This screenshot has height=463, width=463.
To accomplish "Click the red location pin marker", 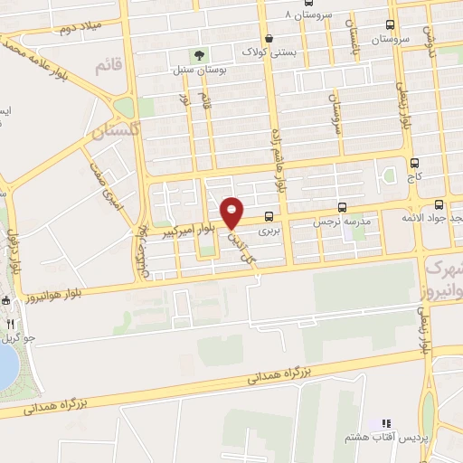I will [x=232, y=212].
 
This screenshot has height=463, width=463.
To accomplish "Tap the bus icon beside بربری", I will [x=269, y=217].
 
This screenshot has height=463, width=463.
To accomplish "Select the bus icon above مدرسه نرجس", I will [x=342, y=206].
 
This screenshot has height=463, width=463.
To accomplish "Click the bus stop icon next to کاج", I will [x=414, y=164].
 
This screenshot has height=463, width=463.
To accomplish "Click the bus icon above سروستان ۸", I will [x=309, y=3].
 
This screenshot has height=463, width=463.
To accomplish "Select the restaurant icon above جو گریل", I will [x=10, y=322].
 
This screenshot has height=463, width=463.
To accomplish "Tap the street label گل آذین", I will [x=245, y=244].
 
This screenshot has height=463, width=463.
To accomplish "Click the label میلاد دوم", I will [x=78, y=28].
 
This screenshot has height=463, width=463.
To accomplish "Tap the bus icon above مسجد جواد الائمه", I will [x=439, y=205].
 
